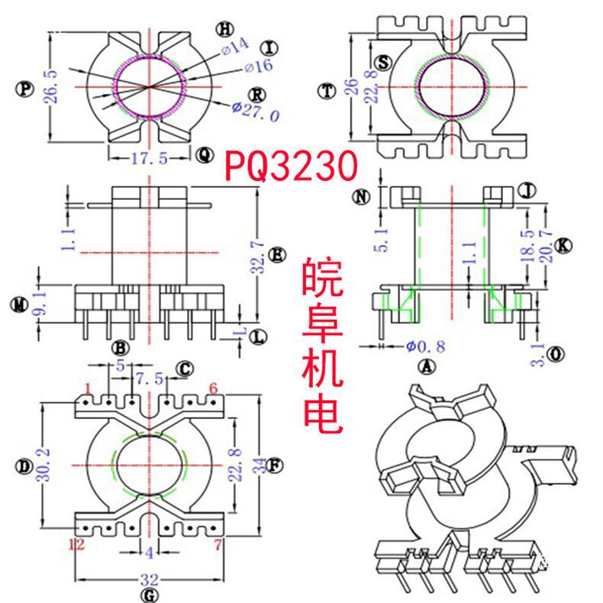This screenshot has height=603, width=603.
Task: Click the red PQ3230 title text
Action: [x=291, y=165]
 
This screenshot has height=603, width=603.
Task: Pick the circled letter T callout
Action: [x=327, y=91]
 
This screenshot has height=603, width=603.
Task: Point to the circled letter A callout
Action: [x=427, y=367]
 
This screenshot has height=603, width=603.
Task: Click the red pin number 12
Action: [x=76, y=544]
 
